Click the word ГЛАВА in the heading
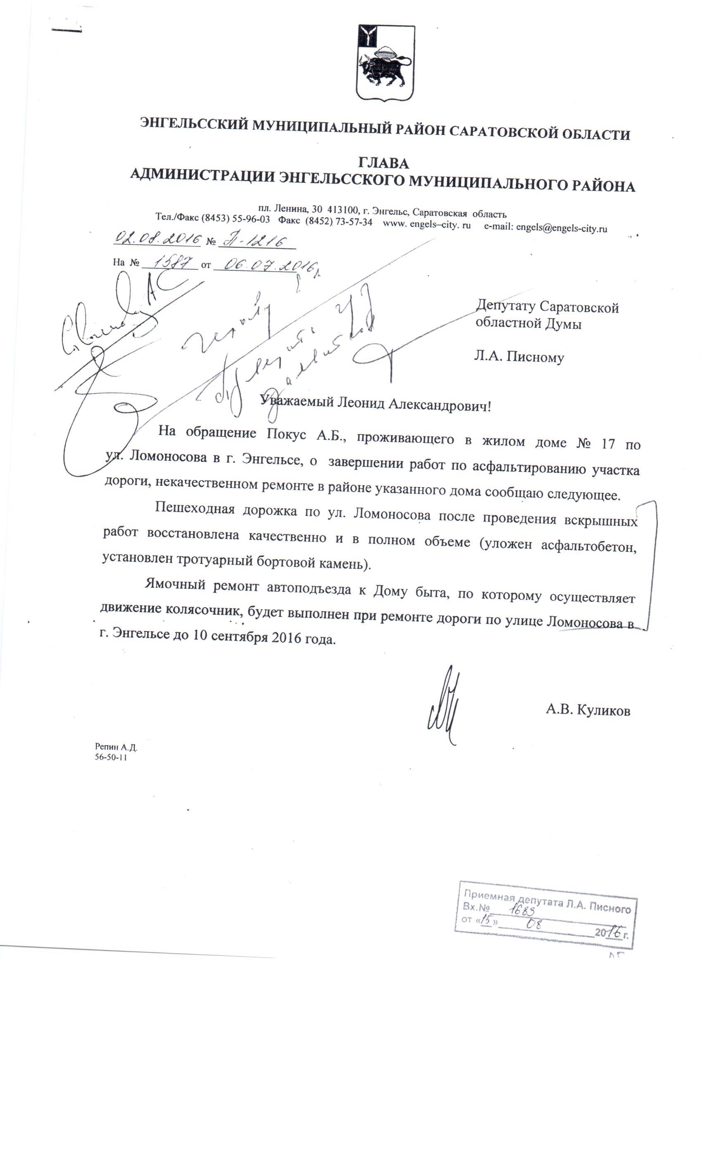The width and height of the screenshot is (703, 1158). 383,163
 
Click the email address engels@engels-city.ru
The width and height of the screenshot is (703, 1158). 562,228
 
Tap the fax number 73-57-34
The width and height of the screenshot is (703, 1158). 354,222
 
